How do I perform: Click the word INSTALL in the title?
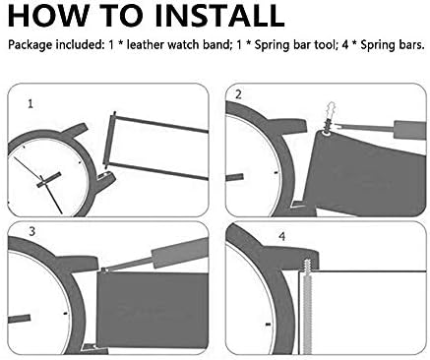point(219,16)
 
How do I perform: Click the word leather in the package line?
point(146,44)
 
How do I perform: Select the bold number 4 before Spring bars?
point(344,44)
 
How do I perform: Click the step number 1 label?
point(31,104)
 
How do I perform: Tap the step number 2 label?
point(238,94)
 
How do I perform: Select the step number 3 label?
point(31,231)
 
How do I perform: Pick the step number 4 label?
point(282,236)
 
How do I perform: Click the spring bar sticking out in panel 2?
point(330,118)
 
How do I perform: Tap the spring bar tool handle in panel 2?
point(410,130)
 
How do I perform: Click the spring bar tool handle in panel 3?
point(180,252)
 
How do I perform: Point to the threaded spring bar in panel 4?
point(307,306)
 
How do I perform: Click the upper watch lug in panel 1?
point(75,130)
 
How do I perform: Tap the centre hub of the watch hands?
point(42,180)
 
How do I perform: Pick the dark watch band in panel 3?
point(153,310)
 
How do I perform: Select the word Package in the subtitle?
point(31,44)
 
